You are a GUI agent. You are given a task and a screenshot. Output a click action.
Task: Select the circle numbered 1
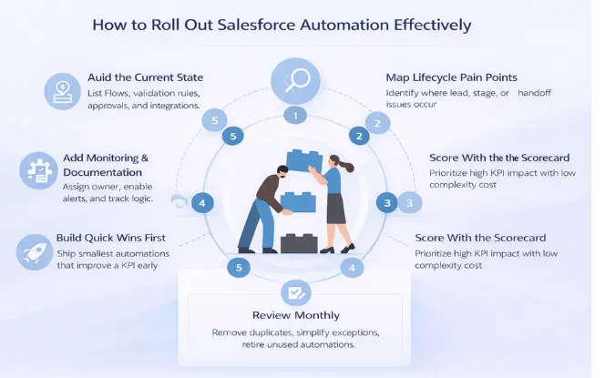[x=293, y=115]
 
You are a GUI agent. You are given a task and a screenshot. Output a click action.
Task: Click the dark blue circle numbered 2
[x=359, y=137]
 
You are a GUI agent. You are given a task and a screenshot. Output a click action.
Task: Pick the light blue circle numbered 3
[x=410, y=203]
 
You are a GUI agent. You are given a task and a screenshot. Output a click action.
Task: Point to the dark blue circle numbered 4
[x=202, y=202]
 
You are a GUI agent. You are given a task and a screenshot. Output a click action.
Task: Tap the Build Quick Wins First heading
[x=117, y=235]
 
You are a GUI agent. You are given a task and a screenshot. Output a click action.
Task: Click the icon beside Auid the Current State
[x=61, y=90]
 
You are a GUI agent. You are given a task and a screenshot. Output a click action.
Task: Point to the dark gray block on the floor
[x=297, y=242]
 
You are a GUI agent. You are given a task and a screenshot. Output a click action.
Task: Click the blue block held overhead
[x=304, y=158]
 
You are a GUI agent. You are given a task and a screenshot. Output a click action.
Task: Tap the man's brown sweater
[x=266, y=189]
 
